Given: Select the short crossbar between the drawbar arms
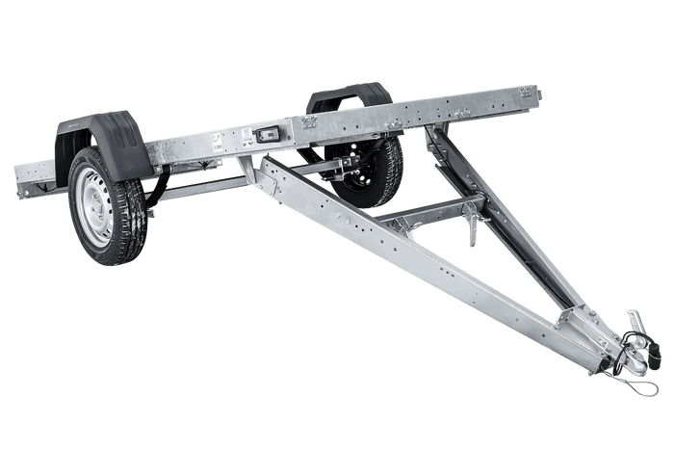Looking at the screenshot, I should tap(424, 211).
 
